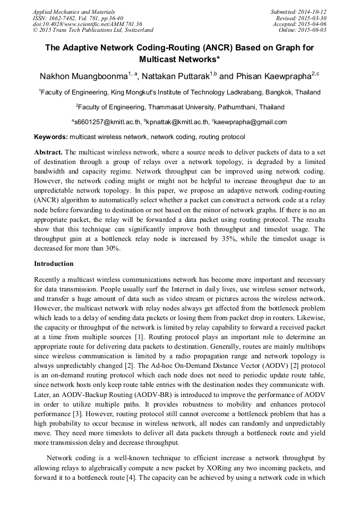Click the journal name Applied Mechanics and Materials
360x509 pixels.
tap(73, 11)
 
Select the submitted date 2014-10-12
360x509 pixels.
tap(313, 11)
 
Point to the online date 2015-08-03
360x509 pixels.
tap(313, 30)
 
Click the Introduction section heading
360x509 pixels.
tap(54, 264)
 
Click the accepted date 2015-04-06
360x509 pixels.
tap(313, 24)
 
